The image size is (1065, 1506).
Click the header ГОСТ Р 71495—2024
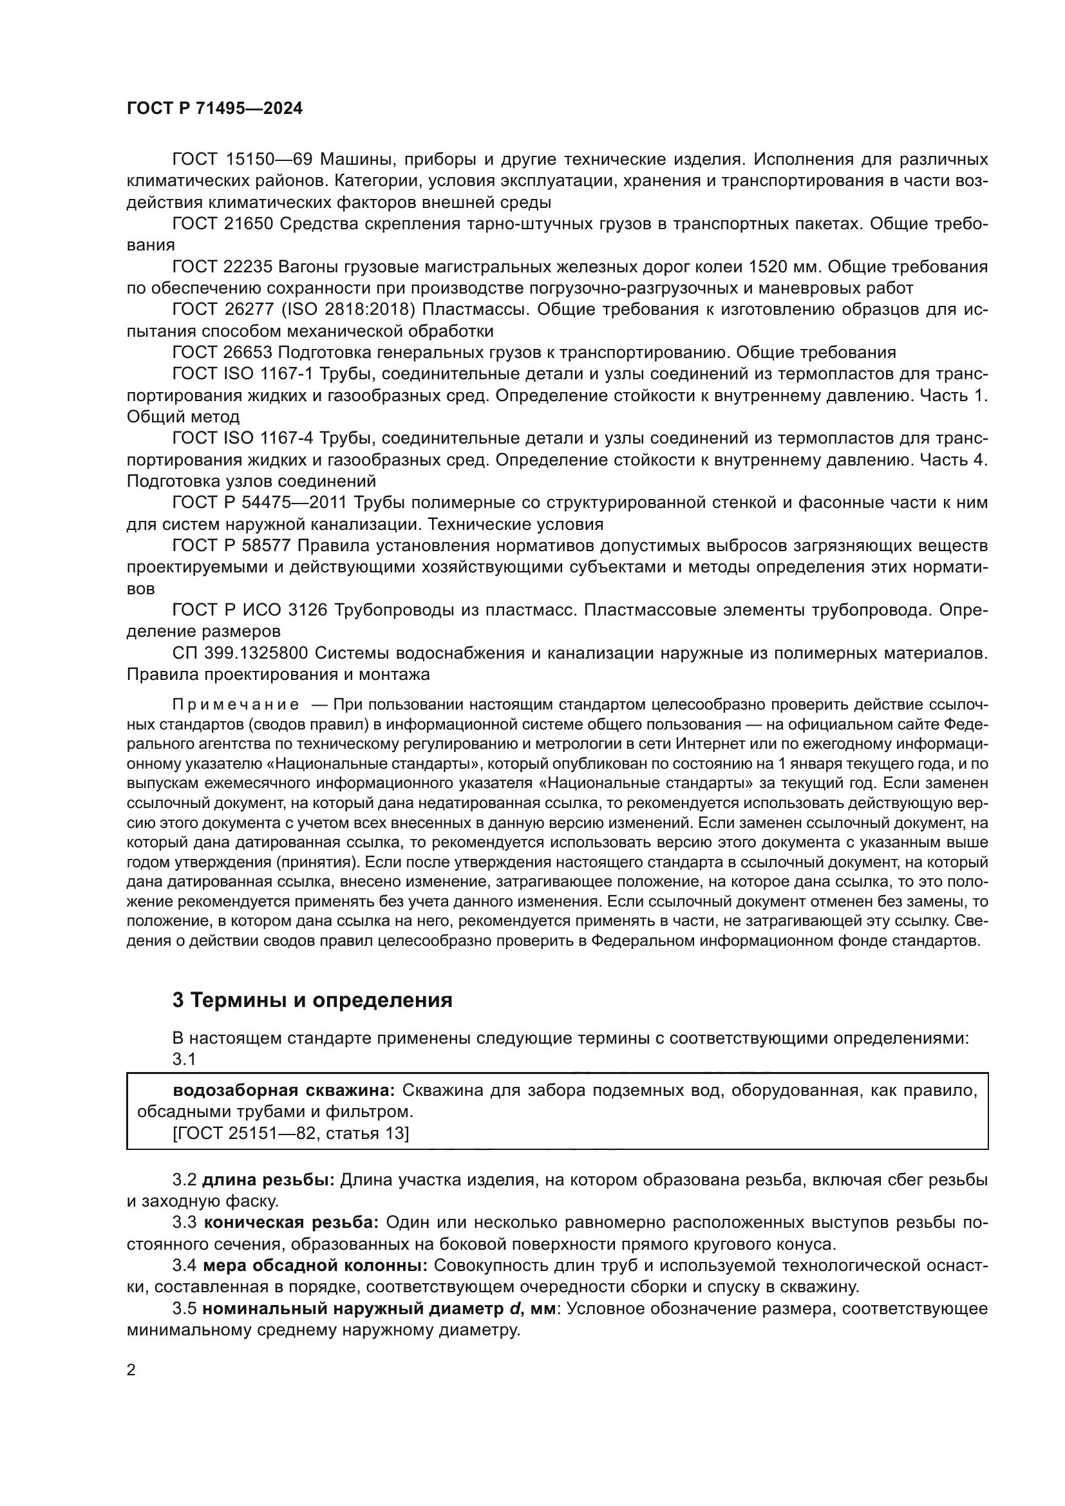[x=214, y=109]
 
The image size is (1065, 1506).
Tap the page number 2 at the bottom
[x=131, y=1370]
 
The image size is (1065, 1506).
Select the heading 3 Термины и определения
[x=312, y=1000]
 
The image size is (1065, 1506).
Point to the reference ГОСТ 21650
[x=222, y=223]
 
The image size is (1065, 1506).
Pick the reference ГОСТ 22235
[x=222, y=267]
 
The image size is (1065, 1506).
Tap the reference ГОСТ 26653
[x=222, y=353]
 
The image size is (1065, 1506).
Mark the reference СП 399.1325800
[x=240, y=654]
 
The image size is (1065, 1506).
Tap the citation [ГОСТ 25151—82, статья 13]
[x=290, y=1133]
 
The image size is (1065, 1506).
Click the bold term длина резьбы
[x=269, y=1180]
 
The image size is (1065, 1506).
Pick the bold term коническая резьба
[x=291, y=1223]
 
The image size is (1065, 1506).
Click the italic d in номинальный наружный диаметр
[x=514, y=1308]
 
